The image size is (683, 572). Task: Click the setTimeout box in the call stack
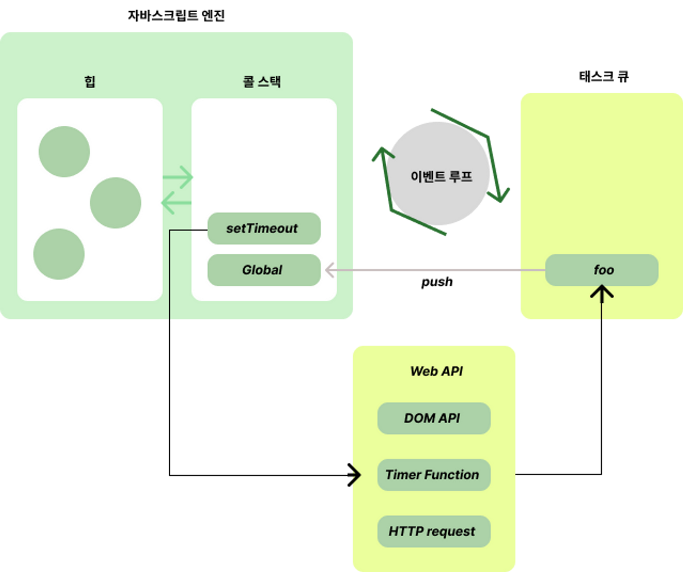click(x=264, y=228)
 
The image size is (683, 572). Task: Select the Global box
click(x=264, y=270)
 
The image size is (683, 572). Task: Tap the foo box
click(x=602, y=270)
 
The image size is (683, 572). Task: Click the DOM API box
click(x=433, y=418)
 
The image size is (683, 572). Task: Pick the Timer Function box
click(x=433, y=474)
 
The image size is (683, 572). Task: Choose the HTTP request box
click(x=433, y=531)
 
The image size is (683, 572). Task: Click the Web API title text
click(x=436, y=371)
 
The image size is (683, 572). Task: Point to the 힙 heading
click(x=90, y=81)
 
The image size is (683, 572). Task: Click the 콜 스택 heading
click(x=261, y=81)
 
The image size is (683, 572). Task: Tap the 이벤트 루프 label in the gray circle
click(x=441, y=176)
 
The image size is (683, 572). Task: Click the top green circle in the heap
click(x=64, y=151)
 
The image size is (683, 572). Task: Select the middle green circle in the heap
click(x=115, y=203)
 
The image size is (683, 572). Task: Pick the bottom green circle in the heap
click(x=59, y=254)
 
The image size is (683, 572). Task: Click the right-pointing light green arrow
click(x=178, y=178)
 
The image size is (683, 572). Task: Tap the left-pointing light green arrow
click(x=175, y=203)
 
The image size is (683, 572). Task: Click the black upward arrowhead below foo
click(x=602, y=292)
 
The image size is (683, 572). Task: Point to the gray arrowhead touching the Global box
click(x=330, y=270)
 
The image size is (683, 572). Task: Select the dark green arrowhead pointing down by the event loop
click(x=500, y=195)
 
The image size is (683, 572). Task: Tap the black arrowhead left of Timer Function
click(x=356, y=474)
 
